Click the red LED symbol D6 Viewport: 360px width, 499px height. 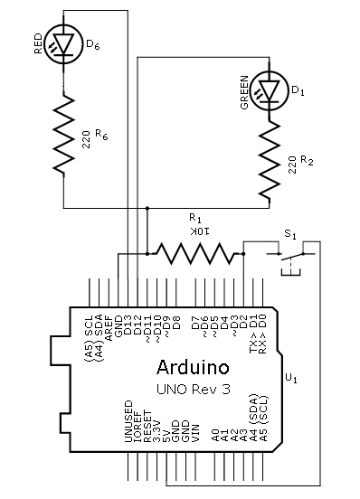(x=63, y=44)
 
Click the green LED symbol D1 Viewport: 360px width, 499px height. (x=270, y=90)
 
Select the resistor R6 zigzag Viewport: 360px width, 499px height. (x=63, y=134)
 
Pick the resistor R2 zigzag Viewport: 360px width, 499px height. (x=270, y=161)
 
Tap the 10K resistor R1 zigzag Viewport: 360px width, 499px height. (x=195, y=253)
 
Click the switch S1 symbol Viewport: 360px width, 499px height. (x=290, y=258)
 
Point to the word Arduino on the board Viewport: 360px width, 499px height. (x=193, y=367)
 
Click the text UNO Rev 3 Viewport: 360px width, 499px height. (x=194, y=389)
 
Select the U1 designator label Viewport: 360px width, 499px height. (x=291, y=379)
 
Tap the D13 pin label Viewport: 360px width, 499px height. (x=128, y=325)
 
